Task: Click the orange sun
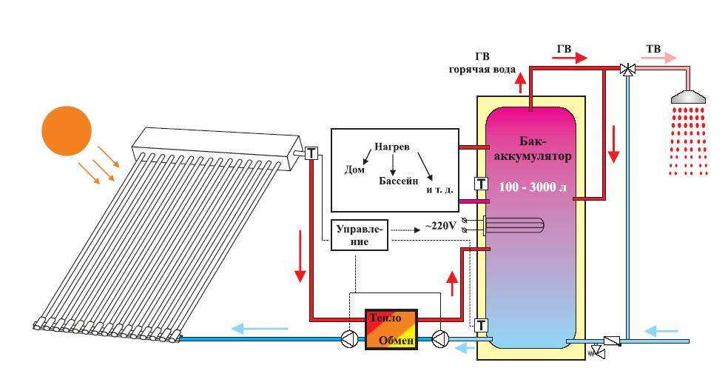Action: pyautogui.click(x=66, y=129)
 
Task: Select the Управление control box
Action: pyautogui.click(x=360, y=235)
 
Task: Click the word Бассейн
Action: pyautogui.click(x=399, y=181)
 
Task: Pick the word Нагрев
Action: pyautogui.click(x=392, y=147)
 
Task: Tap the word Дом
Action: pyautogui.click(x=354, y=170)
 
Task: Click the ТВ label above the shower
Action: pyautogui.click(x=653, y=49)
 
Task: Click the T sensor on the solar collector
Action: pyautogui.click(x=311, y=153)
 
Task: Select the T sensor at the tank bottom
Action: pyautogui.click(x=481, y=324)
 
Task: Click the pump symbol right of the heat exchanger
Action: pyautogui.click(x=438, y=340)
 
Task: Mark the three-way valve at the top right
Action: pyautogui.click(x=627, y=69)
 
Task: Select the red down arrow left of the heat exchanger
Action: pyautogui.click(x=300, y=267)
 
